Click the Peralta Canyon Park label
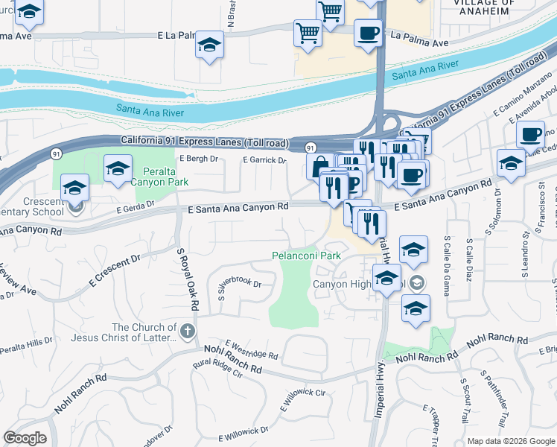tap(159, 176)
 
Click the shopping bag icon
tap(319, 165)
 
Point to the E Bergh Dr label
tap(199, 159)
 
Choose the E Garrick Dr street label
tap(264, 160)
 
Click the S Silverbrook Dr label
tap(241, 287)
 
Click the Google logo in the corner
tap(25, 438)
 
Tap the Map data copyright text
tap(511, 441)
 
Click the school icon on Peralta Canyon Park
tap(118, 171)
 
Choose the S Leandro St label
tap(525, 255)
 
